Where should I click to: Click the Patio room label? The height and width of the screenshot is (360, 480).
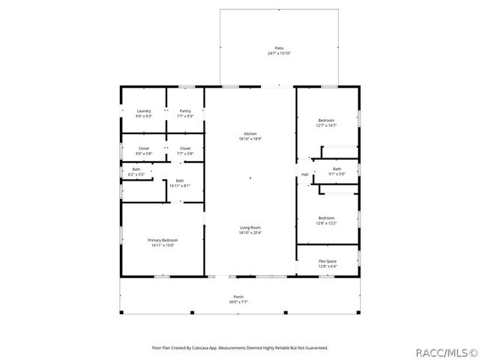click(279, 49)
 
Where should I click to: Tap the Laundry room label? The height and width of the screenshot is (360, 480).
click(143, 111)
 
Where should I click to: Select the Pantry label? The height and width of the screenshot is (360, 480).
click(185, 111)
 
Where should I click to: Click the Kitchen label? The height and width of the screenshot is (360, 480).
click(250, 133)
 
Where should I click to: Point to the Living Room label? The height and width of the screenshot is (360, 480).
click(250, 227)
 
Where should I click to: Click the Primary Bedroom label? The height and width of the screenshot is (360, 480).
click(163, 239)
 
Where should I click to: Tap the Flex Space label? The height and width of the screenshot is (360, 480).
click(327, 261)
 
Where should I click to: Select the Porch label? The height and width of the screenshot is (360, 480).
click(238, 297)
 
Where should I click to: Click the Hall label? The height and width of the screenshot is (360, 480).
click(305, 175)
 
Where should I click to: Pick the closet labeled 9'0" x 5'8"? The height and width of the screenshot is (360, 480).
click(143, 148)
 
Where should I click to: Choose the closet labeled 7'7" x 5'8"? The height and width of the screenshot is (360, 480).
click(185, 148)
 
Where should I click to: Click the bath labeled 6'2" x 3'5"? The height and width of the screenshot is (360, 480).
click(136, 169)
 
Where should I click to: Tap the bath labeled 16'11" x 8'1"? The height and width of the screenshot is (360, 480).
click(180, 181)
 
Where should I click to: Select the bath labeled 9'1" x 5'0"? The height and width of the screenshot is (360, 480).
click(337, 169)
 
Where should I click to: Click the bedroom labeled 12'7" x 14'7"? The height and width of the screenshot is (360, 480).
click(326, 121)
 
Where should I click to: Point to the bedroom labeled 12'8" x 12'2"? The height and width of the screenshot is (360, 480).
click(326, 218)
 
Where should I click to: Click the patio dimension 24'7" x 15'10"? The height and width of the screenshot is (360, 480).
click(279, 54)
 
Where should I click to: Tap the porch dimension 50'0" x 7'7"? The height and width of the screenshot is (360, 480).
click(238, 301)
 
